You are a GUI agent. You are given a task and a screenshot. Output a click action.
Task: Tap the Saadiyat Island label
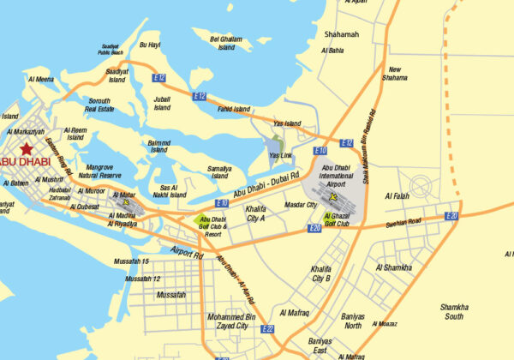pyautogui.click(x=117, y=75)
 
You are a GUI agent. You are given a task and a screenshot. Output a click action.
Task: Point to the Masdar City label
pyautogui.click(x=300, y=206)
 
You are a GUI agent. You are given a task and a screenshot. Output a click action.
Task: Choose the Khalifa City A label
pyautogui.click(x=256, y=213)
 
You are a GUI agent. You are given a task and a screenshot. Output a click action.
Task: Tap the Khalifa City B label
pyautogui.click(x=321, y=273)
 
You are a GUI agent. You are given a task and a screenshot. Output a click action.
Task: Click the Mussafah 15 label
pyautogui.click(x=133, y=261)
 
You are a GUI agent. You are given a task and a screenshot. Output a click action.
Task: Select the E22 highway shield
pyautogui.click(x=268, y=328)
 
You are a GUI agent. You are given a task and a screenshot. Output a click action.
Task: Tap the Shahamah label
pyautogui.click(x=342, y=35)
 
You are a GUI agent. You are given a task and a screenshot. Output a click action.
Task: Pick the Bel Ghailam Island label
pyautogui.click(x=226, y=43)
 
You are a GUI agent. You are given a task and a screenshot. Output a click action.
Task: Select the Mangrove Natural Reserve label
pyautogui.click(x=100, y=171)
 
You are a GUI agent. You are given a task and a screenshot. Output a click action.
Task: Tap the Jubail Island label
pyautogui.click(x=162, y=104)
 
